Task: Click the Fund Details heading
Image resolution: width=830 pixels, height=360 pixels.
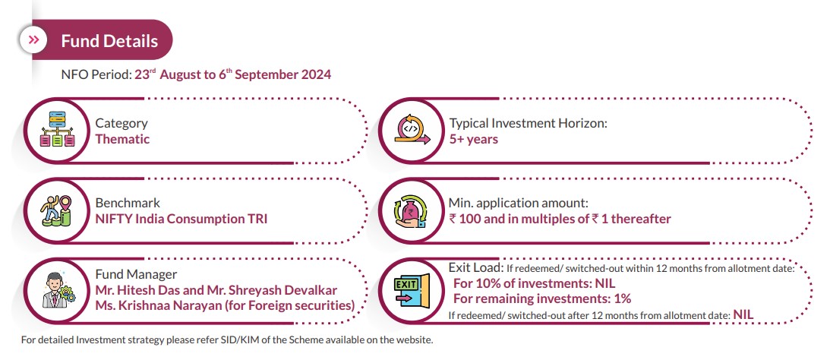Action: tap(109, 40)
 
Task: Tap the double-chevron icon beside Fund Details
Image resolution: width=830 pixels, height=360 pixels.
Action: tap(34, 39)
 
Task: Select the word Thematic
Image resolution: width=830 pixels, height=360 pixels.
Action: tap(122, 139)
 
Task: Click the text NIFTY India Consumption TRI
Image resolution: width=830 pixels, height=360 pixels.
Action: tap(181, 219)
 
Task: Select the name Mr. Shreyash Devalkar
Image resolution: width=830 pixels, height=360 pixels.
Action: tap(286, 290)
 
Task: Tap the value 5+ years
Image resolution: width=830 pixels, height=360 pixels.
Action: tap(473, 139)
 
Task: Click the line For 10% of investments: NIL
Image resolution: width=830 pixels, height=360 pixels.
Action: tap(534, 283)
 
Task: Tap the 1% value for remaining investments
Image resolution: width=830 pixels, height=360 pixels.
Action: tap(622, 298)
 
